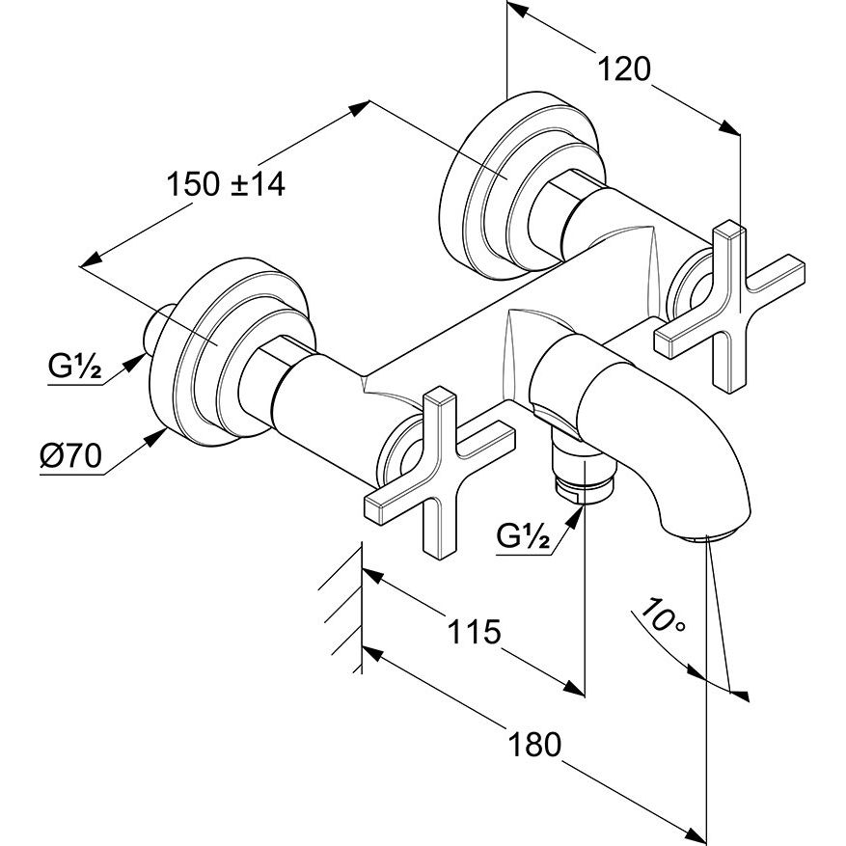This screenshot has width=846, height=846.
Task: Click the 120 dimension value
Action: click(624, 69)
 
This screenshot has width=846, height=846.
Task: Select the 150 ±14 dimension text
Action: click(226, 183)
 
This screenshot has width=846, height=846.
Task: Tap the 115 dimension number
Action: click(474, 633)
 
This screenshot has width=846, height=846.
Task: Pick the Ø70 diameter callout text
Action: click(71, 457)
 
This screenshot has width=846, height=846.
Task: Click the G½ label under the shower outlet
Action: click(524, 536)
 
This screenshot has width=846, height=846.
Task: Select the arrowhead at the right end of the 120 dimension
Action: click(730, 128)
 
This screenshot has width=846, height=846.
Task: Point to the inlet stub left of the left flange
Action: click(154, 328)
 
